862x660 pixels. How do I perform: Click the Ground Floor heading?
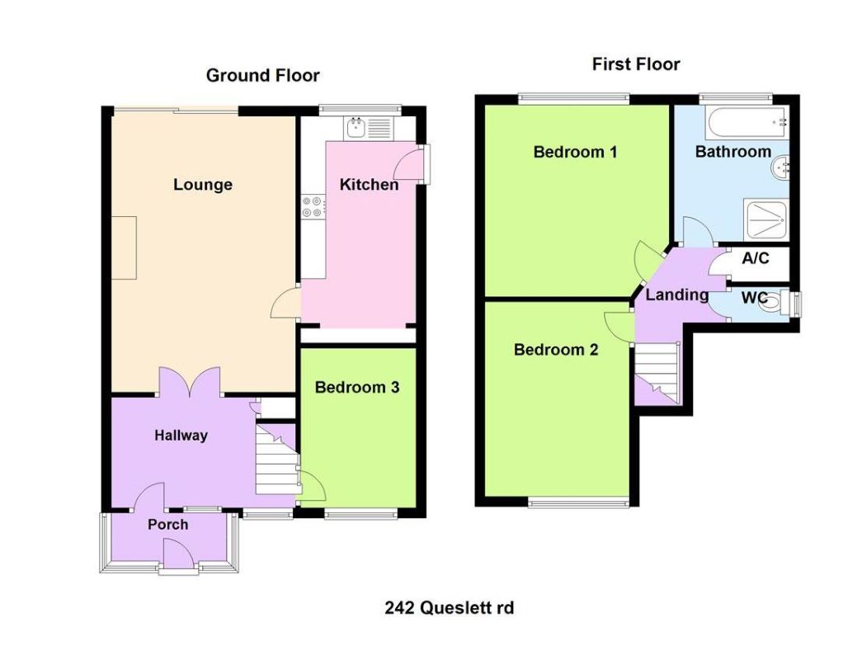pos(262,76)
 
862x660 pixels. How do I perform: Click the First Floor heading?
pos(635,64)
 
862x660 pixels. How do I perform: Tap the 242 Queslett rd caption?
pos(450,608)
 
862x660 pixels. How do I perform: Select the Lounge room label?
pos(202,185)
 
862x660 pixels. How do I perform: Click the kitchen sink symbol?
pos(357,126)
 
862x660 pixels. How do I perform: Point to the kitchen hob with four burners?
pos(313,205)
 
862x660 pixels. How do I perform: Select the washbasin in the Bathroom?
pos(780,168)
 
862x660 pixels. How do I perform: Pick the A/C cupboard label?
pos(755,258)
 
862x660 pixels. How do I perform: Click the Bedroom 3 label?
pos(357,387)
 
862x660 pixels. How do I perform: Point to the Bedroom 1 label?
pos(575,152)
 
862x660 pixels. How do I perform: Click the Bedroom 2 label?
pos(555,350)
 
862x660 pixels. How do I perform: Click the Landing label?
pos(676,295)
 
